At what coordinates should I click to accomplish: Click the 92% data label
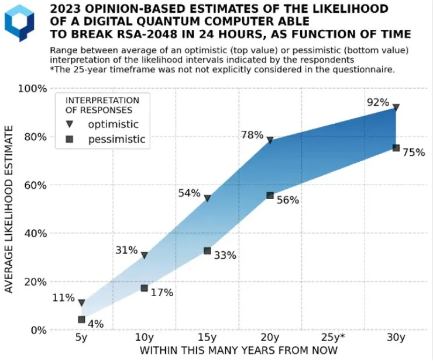pos(377,102)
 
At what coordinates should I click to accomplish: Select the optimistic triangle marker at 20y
pos(270,140)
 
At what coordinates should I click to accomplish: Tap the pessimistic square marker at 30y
pos(396,148)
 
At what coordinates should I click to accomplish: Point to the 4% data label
pos(96,323)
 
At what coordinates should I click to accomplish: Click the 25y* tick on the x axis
pos(333,338)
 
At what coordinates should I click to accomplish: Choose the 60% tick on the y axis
pos(35,185)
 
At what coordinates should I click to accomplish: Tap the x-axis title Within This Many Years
pos(238,350)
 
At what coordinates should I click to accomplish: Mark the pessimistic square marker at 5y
pos(81,320)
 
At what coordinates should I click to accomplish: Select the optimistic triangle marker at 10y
pos(145,255)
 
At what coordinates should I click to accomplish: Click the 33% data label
pos(225,255)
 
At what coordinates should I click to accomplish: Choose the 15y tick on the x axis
pos(207,338)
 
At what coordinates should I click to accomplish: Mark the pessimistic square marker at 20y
pos(270,195)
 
